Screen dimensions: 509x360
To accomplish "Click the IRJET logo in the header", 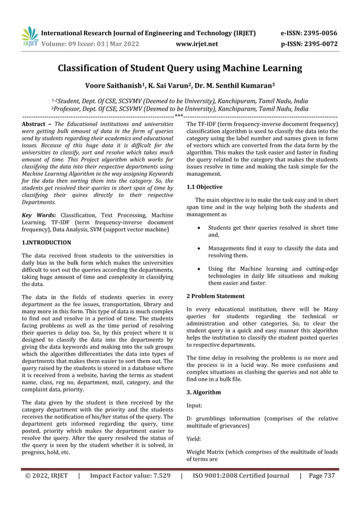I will coord(29,37).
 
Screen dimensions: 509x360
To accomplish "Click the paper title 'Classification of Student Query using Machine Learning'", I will coord(180,69).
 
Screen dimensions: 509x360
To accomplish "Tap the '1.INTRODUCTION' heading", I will coord(46,243).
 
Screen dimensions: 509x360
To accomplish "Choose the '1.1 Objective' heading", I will coord(204,187).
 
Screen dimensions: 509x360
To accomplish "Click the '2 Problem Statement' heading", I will coord(216,296).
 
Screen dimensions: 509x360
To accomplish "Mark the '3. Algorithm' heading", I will coord(204,392).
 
